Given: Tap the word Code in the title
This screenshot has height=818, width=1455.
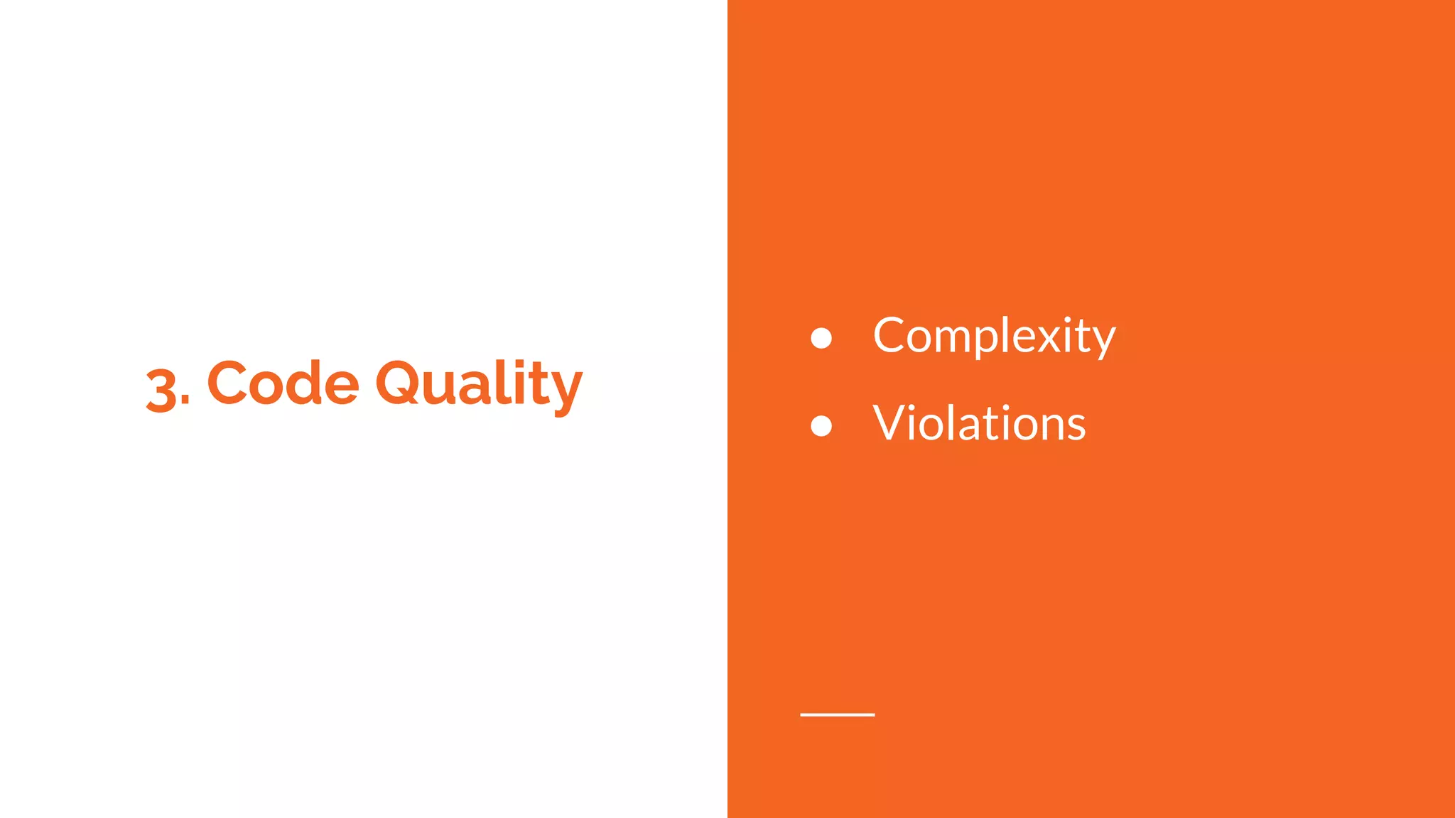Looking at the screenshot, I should [283, 383].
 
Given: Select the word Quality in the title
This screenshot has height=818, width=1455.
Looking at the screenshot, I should [478, 385].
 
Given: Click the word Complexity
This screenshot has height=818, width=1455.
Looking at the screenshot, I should [994, 336].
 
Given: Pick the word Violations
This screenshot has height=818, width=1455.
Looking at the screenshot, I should [979, 424].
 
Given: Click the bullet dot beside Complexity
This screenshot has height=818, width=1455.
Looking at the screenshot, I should [821, 338].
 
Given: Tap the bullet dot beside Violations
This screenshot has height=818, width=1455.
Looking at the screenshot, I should [821, 426].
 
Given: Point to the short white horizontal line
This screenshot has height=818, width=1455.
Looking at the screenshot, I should [837, 714].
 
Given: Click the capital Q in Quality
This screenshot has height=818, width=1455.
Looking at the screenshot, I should [400, 383].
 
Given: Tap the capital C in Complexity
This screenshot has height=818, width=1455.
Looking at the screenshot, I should [892, 336].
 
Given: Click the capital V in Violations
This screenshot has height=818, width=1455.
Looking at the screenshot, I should [892, 424].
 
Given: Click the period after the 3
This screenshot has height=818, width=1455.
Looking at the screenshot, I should [185, 403].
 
